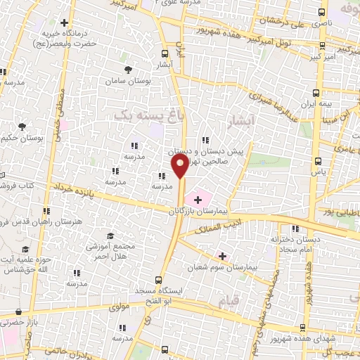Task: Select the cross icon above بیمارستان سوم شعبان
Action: coord(223,255)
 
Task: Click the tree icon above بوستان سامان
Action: coord(127,69)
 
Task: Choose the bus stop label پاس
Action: coord(319,171)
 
